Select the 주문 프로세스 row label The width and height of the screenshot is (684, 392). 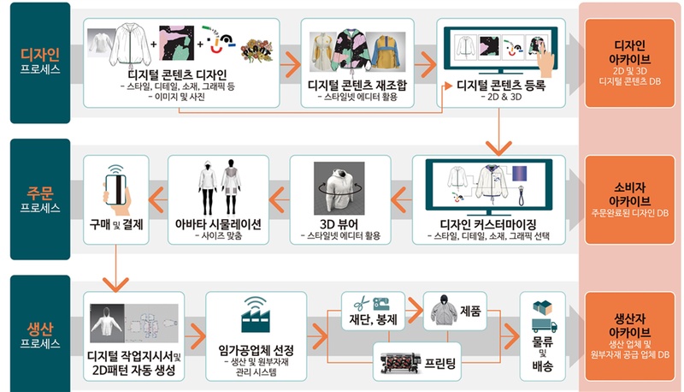click(40, 199)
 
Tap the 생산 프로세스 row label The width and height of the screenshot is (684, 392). click(40, 335)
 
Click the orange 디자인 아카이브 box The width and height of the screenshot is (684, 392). click(629, 63)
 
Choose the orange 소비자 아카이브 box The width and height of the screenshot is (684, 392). click(629, 200)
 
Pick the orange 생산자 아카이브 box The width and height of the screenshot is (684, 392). click(629, 336)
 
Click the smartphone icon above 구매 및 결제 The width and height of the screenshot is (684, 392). click(116, 190)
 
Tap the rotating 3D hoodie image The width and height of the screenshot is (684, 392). click(339, 188)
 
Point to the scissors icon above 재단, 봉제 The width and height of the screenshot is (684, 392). click(361, 302)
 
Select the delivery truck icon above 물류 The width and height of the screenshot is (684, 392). click(544, 325)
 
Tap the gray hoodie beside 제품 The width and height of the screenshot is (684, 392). click(444, 310)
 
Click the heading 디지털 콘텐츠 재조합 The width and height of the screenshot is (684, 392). click(357, 85)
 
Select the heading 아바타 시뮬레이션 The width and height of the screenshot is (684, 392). click(218, 224)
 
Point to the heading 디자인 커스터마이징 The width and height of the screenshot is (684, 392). click(488, 224)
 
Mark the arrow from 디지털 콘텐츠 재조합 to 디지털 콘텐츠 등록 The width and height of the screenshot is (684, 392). click(425, 64)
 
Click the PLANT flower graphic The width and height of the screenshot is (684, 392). click(257, 50)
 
